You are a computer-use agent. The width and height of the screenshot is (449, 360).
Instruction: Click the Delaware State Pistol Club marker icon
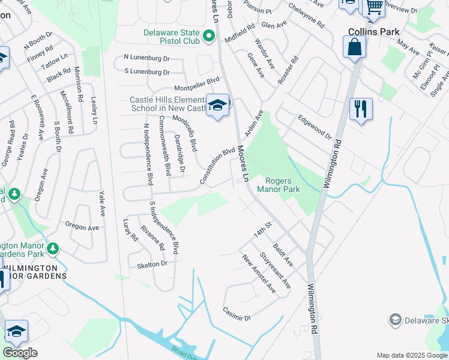[x=209, y=37]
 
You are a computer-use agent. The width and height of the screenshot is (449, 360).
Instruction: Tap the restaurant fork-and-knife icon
[x=360, y=109]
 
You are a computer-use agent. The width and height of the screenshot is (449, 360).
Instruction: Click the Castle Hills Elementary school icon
[x=217, y=105]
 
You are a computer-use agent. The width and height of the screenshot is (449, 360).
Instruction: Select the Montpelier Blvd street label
[x=197, y=88]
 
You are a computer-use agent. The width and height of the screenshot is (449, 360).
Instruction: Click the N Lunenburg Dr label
[x=147, y=58]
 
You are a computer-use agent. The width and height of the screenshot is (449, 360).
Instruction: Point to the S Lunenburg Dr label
[x=147, y=72]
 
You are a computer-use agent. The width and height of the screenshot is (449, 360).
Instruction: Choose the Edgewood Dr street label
[x=315, y=127]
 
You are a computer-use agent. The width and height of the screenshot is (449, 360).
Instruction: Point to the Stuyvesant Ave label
[x=276, y=271]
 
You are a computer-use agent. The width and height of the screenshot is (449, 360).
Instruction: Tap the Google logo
[x=20, y=353]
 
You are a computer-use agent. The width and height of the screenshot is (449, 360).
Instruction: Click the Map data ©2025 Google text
[x=411, y=355]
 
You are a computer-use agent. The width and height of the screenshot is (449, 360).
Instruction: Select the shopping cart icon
[x=375, y=7]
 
